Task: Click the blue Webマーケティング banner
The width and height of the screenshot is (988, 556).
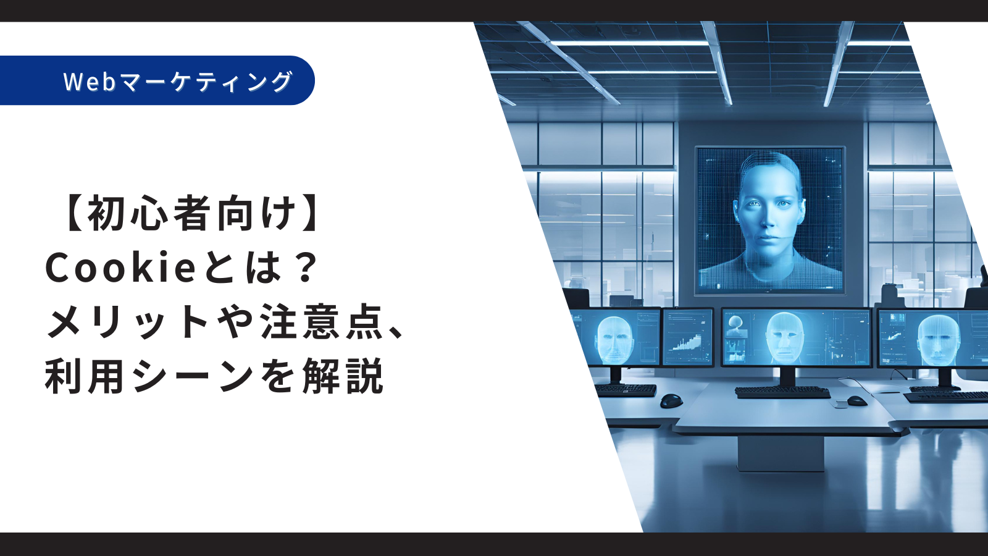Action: pyautogui.click(x=157, y=80)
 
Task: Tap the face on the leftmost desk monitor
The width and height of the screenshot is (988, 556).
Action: pyautogui.click(x=615, y=339)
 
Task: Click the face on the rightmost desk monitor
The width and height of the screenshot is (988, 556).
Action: pyautogui.click(x=938, y=339)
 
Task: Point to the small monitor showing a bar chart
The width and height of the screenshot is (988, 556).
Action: pyautogui.click(x=688, y=337)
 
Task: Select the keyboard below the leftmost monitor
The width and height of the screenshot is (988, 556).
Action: pyautogui.click(x=626, y=390)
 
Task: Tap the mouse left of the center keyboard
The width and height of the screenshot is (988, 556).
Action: pyautogui.click(x=671, y=401)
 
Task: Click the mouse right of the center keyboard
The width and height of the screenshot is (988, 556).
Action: pyautogui.click(x=856, y=401)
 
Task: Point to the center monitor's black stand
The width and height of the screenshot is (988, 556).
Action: pyautogui.click(x=784, y=377)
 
